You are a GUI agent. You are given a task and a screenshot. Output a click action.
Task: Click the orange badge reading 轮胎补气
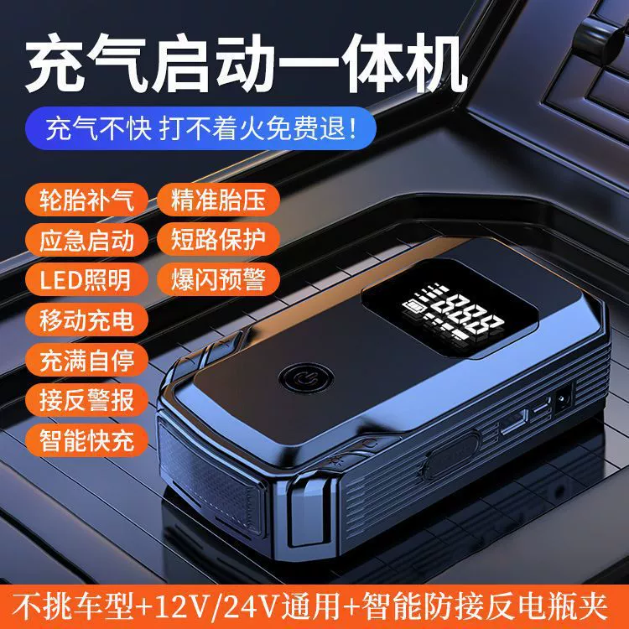coord(86,200)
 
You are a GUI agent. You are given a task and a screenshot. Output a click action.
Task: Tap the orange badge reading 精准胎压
coord(218,200)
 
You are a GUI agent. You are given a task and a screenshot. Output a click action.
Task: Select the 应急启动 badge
coord(86,240)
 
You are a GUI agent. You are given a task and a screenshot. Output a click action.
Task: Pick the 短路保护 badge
coord(218,240)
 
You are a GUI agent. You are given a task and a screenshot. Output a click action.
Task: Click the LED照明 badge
coord(86,279)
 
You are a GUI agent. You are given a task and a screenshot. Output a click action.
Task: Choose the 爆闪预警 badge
coord(218,279)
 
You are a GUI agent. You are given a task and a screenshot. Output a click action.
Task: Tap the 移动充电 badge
coord(86,320)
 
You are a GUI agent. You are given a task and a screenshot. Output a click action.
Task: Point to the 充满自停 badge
coord(86,360)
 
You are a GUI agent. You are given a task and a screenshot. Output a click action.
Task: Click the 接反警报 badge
coord(86,400)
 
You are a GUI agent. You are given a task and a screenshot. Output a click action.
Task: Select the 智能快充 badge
coord(86,440)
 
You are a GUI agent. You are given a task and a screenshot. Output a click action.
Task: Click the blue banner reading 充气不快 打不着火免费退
coord(200,128)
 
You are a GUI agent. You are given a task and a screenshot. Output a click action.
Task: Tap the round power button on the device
coord(305,377)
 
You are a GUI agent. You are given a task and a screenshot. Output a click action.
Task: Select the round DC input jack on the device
coord(564,399)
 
